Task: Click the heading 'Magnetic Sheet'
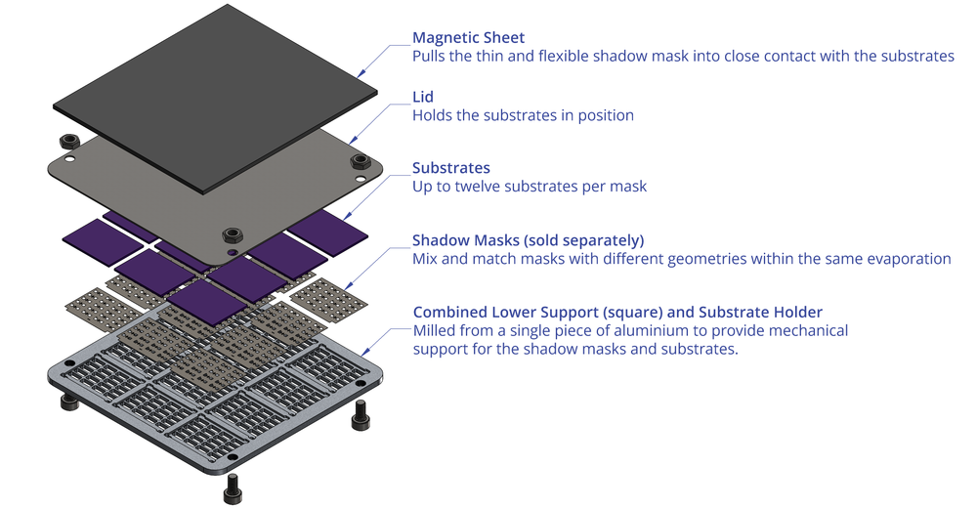click(468, 38)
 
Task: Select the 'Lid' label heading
click(423, 98)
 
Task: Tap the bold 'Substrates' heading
click(450, 168)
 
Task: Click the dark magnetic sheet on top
click(215, 98)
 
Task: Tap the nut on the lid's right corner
click(360, 160)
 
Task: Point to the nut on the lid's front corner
click(232, 234)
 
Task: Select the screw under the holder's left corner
click(67, 402)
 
